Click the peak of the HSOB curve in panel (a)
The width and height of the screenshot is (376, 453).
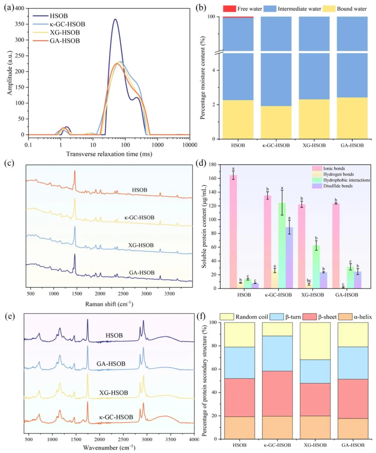point(115,19)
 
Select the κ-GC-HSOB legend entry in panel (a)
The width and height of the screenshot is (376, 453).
point(67,24)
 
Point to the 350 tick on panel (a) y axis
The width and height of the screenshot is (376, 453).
point(19,24)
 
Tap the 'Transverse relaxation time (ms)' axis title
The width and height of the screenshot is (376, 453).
point(109,154)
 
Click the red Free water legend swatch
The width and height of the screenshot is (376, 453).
point(229,9)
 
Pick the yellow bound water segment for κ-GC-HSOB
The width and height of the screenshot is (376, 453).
point(276,122)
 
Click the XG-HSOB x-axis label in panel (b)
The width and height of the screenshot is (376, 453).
point(314,145)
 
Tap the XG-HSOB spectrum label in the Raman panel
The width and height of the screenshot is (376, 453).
point(141,245)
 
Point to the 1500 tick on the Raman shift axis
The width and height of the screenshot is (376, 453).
point(77,294)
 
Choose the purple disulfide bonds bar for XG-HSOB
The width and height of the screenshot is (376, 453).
point(323,280)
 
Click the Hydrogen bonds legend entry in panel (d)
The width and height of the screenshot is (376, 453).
point(338,174)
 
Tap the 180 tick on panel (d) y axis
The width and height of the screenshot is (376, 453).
point(212,164)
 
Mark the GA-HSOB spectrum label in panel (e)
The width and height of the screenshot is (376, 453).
point(111,364)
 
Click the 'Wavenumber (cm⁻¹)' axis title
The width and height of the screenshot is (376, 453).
point(109,447)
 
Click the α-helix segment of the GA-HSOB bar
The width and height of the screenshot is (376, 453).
point(353,428)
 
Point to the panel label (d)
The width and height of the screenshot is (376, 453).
point(201,163)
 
